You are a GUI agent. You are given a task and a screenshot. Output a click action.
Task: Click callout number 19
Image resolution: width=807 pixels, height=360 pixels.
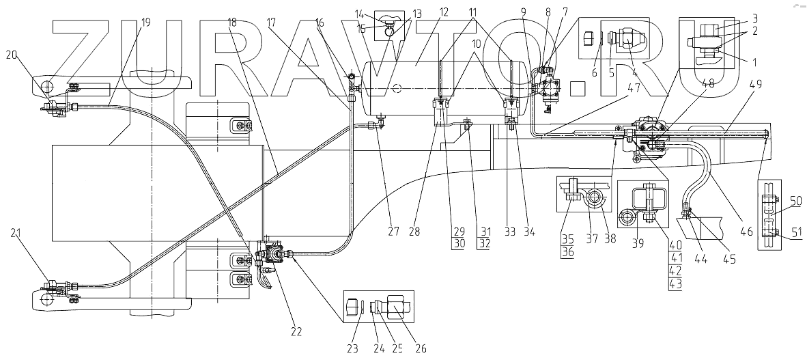(x=145, y=22)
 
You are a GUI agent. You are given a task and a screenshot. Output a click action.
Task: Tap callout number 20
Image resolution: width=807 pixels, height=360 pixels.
(x=11, y=55)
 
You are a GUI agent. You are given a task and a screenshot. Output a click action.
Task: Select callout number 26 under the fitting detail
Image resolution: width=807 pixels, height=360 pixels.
(x=420, y=348)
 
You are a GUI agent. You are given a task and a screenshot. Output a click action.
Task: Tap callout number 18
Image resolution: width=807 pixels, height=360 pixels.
(x=234, y=22)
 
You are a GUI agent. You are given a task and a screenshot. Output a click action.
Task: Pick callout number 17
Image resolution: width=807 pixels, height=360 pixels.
(x=271, y=22)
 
